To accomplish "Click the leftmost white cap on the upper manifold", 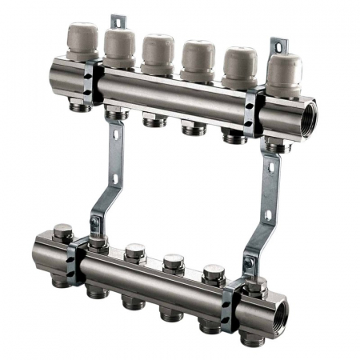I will tap(82, 42).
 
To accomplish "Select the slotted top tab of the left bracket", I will tap(118, 22).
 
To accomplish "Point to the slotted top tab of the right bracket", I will tap(278, 46).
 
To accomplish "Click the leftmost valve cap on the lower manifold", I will tap(63, 233).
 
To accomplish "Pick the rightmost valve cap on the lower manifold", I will tap(255, 284).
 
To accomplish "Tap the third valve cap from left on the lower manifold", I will tap(135, 252).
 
